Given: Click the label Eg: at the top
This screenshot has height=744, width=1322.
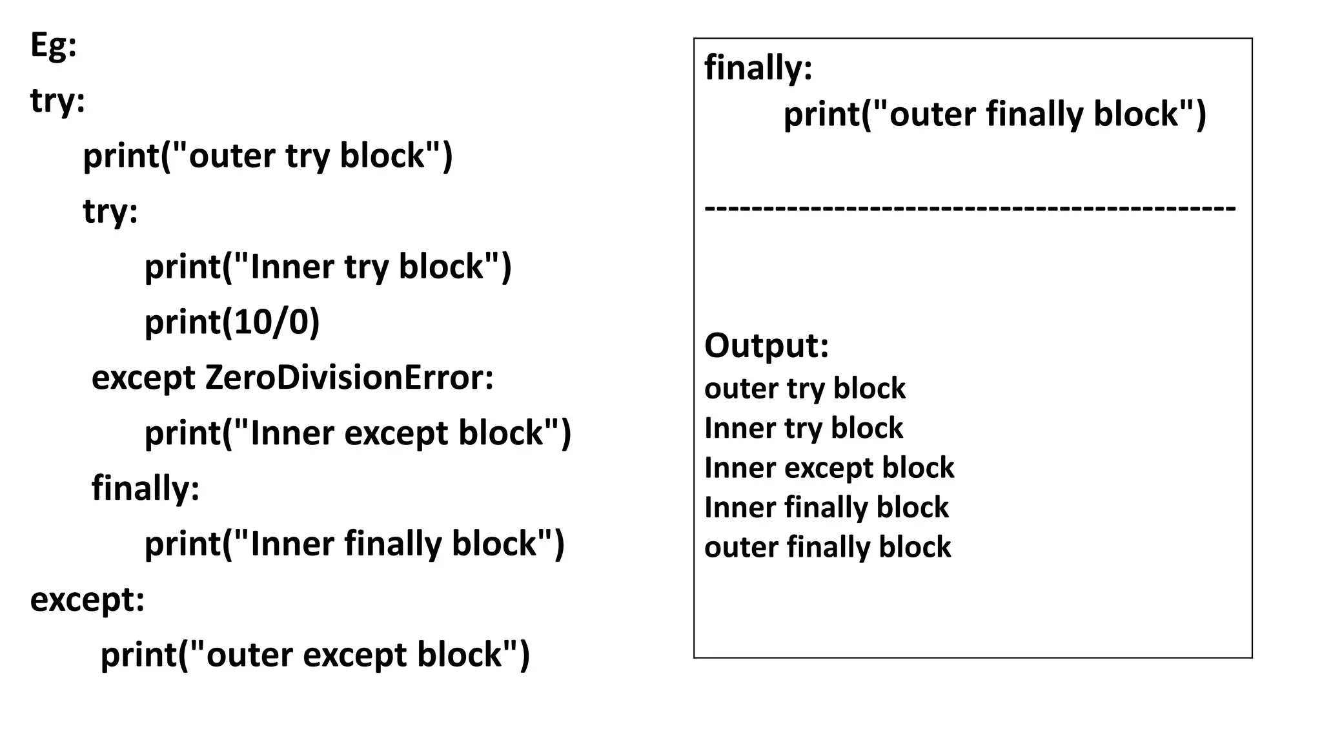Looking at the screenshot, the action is [54, 46].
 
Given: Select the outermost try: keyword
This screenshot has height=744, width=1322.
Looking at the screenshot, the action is [57, 101].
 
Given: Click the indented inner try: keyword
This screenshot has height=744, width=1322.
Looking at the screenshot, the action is [110, 211].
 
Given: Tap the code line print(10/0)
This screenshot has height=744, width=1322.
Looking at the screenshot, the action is [232, 322].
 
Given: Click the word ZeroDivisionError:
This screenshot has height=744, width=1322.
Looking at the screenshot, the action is [349, 377].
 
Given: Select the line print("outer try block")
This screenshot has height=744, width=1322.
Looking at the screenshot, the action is [268, 156].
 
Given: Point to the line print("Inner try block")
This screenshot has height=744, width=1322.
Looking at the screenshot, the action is [327, 267].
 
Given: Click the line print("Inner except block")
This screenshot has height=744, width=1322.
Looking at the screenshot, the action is [358, 433].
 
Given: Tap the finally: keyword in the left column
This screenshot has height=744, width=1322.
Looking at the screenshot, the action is [145, 488].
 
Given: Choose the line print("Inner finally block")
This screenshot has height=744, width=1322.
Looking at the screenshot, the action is [354, 543].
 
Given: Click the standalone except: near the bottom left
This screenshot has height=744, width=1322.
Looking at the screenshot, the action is [87, 599].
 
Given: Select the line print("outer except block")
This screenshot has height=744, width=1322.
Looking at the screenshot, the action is [315, 654].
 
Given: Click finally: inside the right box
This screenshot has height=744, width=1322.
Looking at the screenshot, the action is [758, 68].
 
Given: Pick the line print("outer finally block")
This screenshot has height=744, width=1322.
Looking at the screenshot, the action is [994, 114].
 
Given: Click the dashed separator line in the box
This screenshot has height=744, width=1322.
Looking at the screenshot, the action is [970, 209].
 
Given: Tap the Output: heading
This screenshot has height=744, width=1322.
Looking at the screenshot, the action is [766, 346].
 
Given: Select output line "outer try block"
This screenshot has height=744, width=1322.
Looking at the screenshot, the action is [805, 389].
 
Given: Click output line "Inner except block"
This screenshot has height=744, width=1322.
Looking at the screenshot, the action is [829, 468].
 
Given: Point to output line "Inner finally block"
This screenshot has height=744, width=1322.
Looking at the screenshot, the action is [826, 508].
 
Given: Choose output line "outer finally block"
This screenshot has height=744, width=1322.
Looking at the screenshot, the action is [828, 547].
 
